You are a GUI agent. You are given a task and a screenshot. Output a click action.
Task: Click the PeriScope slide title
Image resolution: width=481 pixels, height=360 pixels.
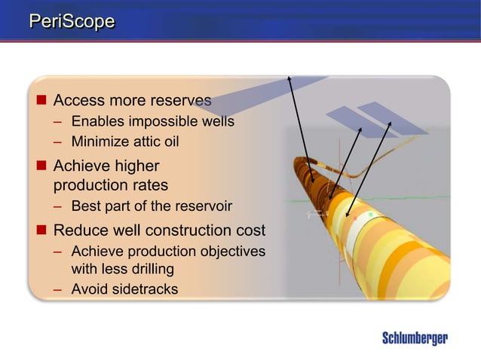(72, 22)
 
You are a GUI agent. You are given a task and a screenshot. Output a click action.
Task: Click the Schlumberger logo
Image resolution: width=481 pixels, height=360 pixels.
(414, 338)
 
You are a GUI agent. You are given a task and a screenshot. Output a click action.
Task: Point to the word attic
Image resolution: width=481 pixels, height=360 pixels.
(146, 141)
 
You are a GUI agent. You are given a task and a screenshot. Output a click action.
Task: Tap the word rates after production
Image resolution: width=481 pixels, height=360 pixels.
(149, 185)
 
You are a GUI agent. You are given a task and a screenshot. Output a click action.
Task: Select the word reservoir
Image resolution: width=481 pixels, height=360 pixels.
(204, 206)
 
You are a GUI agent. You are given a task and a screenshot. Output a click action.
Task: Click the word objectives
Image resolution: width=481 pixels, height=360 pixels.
(229, 251)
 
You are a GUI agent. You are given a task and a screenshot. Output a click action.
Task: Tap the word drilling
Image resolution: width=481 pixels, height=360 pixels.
(151, 268)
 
